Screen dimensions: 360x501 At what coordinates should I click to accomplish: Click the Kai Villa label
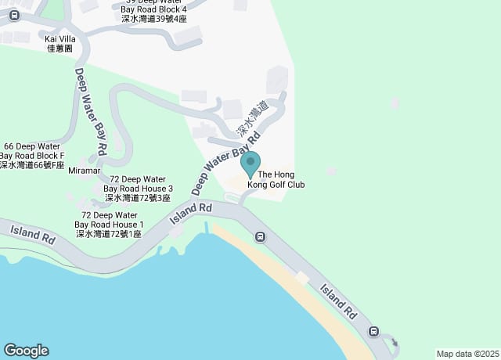(60, 38)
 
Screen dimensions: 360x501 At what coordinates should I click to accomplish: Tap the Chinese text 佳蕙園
(60, 48)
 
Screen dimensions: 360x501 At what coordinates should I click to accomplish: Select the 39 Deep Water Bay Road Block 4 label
(153, 9)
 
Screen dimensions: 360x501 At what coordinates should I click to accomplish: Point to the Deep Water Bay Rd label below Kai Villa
(91, 110)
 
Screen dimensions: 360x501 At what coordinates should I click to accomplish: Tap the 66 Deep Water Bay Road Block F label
(32, 156)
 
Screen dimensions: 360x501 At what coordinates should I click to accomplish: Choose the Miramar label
(85, 170)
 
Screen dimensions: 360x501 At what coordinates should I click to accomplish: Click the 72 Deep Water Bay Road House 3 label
(137, 189)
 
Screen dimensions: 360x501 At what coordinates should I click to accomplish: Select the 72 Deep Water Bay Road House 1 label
(109, 225)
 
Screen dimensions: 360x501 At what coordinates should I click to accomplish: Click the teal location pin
(250, 163)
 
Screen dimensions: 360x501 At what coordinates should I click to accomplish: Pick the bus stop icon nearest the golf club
(260, 237)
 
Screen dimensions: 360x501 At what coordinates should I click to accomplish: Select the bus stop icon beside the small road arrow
(373, 331)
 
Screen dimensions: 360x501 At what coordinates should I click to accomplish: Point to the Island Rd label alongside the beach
(339, 303)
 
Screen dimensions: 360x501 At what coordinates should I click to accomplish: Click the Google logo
(26, 350)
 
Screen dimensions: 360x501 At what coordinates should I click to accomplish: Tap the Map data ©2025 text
(467, 354)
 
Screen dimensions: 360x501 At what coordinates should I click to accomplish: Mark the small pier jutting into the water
(207, 228)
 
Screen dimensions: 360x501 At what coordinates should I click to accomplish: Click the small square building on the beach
(303, 278)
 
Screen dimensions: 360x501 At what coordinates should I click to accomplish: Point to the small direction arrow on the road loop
(394, 341)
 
